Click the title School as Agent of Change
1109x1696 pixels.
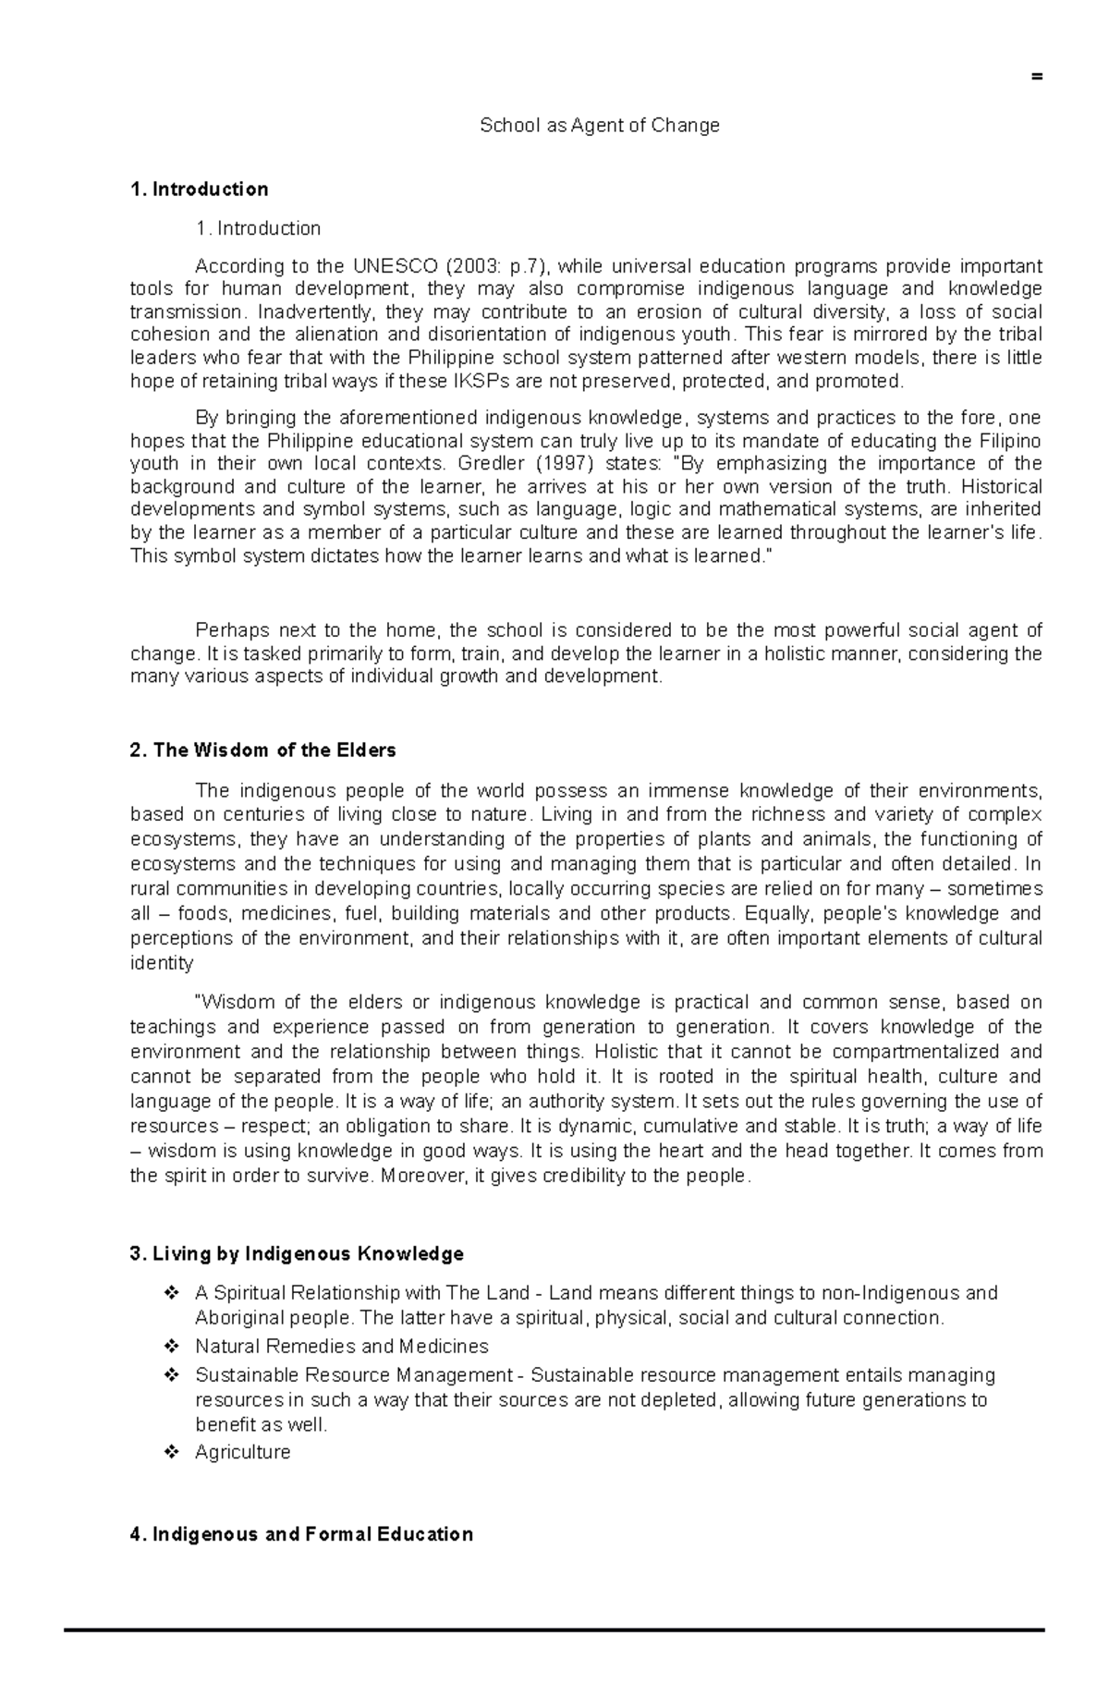[x=599, y=126]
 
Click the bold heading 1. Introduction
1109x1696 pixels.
[x=200, y=189]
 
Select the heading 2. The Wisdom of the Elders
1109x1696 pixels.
[x=263, y=750]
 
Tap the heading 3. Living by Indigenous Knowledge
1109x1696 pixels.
[x=297, y=1254]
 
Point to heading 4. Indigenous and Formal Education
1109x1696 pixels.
[x=302, y=1534]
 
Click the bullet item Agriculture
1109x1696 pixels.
[x=242, y=1452]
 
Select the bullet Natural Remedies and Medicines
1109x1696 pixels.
[x=341, y=1347]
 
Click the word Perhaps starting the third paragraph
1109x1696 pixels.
[x=227, y=630]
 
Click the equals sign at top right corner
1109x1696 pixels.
[x=1037, y=77]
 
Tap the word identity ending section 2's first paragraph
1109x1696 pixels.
[x=162, y=963]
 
